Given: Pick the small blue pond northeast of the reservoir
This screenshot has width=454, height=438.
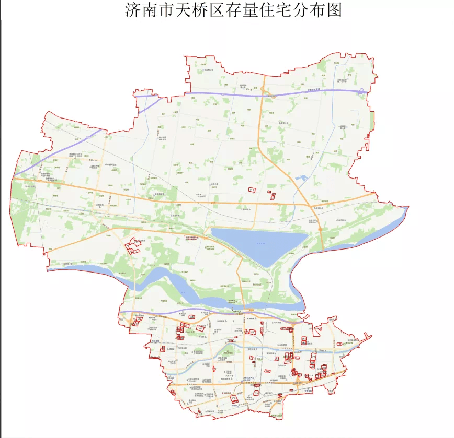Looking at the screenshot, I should coord(302,179).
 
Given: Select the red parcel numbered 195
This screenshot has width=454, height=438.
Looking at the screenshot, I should coord(253,189).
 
